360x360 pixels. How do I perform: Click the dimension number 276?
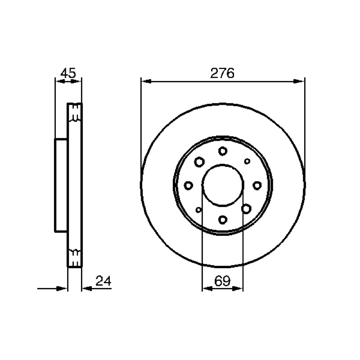(x=222, y=73)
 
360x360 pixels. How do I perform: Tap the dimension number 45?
(x=68, y=73)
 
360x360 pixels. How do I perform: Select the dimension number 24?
(x=103, y=280)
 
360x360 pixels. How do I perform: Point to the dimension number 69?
(x=222, y=280)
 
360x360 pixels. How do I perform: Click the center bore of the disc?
(x=223, y=185)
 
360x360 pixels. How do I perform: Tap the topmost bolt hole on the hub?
(x=223, y=151)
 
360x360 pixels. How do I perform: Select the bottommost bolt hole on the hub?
(x=223, y=220)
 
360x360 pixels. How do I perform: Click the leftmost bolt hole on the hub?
(x=189, y=185)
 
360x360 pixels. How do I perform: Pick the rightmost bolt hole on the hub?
(x=257, y=185)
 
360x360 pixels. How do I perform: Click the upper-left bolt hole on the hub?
(x=199, y=162)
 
